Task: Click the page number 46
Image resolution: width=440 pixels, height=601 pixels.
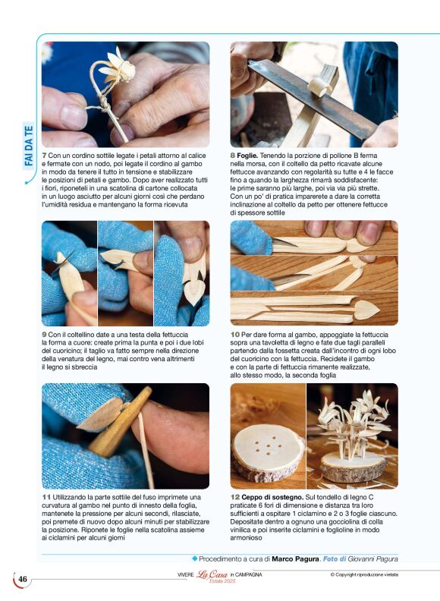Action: (x=23, y=579)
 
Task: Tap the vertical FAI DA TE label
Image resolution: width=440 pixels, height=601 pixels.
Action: (x=29, y=146)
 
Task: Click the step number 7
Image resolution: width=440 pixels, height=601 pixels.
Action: (x=44, y=156)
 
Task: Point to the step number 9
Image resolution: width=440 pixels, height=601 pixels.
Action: (x=44, y=335)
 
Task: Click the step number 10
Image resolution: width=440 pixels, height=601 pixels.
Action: (x=234, y=335)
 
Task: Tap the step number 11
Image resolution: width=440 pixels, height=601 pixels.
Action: (x=46, y=497)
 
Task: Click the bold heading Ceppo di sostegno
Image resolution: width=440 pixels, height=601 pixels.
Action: (x=272, y=497)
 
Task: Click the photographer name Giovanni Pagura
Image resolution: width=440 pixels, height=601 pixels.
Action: (x=372, y=559)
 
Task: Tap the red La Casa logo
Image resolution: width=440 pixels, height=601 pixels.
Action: (x=212, y=574)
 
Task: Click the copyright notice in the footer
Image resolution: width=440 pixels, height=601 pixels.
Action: (x=364, y=574)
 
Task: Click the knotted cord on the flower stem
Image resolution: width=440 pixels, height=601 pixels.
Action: (x=102, y=103)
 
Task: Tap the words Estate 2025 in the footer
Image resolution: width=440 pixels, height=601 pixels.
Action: (x=222, y=581)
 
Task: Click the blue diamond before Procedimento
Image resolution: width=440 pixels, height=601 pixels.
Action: (x=194, y=559)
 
